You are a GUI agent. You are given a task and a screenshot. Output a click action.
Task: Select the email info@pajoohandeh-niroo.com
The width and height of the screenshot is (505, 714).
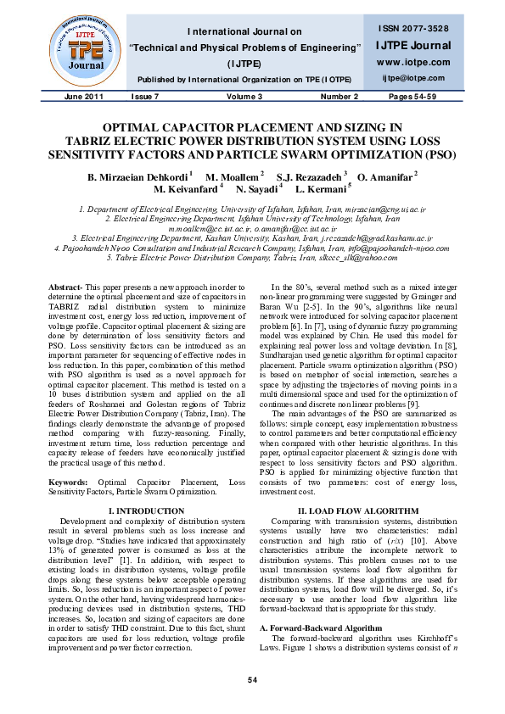(x=392, y=249)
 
